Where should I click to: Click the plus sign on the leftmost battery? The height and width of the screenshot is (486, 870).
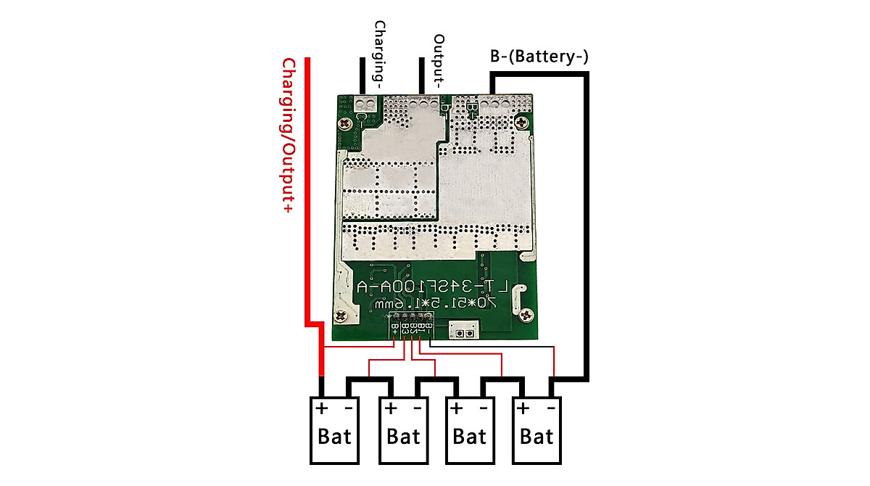[x=321, y=408]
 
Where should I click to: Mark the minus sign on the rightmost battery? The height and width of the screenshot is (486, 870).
[x=552, y=408]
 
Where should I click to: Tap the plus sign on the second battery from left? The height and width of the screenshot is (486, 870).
[x=391, y=408]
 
